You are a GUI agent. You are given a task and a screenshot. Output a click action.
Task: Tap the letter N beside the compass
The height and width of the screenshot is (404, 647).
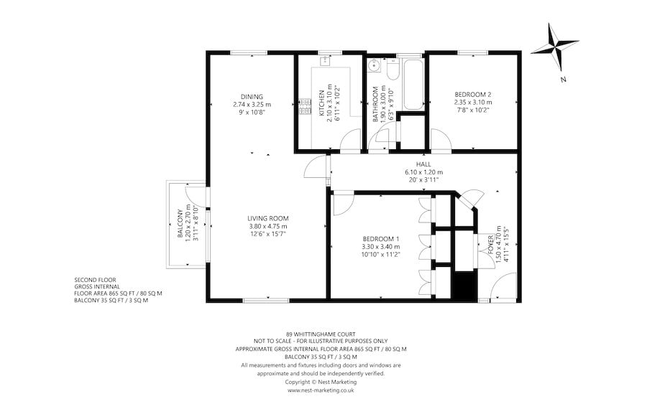click(563, 80)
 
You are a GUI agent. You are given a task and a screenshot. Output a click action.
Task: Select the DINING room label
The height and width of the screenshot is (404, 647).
click(252, 97)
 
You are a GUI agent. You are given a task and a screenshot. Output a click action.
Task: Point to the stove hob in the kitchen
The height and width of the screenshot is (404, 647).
click(306, 105)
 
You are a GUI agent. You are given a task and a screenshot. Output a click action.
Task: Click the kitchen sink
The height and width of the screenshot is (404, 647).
click(325, 61)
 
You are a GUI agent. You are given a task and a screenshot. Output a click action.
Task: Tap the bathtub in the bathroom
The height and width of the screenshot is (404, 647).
click(413, 85)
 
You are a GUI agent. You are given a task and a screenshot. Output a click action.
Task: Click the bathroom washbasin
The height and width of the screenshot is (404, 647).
click(375, 65)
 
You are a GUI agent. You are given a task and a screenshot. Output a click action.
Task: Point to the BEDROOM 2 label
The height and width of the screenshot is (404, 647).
click(473, 94)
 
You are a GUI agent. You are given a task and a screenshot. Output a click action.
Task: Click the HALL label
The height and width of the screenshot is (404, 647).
click(423, 164)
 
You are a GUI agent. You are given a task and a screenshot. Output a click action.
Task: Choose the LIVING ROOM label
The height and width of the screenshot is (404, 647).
click(268, 218)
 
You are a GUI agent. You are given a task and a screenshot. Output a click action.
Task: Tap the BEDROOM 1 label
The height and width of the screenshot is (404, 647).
click(381, 239)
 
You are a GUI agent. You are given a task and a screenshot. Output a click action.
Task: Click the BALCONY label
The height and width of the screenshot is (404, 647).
click(180, 224)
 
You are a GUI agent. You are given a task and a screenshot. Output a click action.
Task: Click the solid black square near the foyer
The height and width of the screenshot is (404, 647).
click(465, 285)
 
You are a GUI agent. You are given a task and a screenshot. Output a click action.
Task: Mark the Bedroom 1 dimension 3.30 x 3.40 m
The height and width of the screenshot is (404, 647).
click(381, 247)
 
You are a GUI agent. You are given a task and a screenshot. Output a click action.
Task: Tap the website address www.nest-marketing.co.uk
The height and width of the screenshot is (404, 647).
click(321, 390)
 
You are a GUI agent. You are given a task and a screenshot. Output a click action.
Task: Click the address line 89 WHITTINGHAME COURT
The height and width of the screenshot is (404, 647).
click(321, 334)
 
